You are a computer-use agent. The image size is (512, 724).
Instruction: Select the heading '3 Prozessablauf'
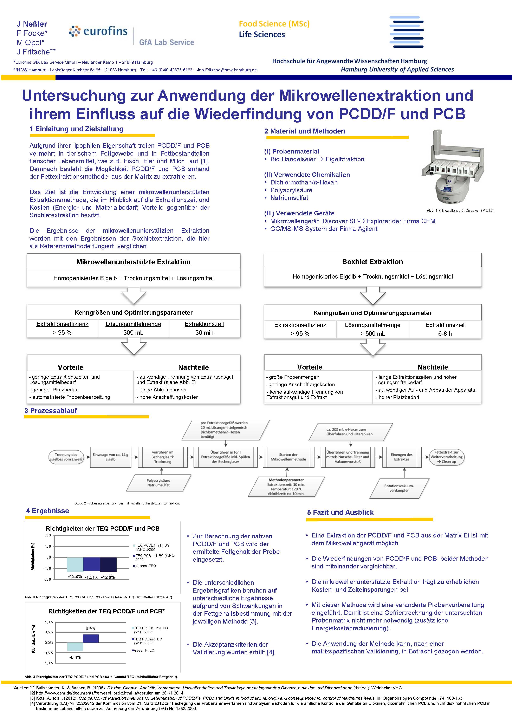pos(51,411)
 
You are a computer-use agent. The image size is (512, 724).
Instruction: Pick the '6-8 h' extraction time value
pos(445,334)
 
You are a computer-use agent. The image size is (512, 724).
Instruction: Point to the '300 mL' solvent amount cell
pos(133,333)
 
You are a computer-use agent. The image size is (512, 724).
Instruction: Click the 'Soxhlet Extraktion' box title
pos(372,262)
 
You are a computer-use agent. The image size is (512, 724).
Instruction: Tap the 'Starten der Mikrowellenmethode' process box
pos(288,457)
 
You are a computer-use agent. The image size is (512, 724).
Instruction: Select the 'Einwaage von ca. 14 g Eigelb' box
pos(110,457)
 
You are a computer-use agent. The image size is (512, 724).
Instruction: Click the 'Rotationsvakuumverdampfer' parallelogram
pos(399,488)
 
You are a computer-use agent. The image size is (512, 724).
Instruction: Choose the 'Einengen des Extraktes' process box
pos(402,457)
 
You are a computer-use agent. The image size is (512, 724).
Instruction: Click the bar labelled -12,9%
pos(75,565)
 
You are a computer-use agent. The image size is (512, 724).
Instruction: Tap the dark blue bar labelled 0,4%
pos(91,638)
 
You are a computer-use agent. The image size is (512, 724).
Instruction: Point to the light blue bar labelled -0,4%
pos(75,646)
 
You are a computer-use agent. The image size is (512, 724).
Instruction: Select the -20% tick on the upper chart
pos(48,580)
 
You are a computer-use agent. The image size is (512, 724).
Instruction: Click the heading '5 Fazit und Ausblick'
pos(340,513)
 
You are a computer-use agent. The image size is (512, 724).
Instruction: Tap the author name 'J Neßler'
pos(32,24)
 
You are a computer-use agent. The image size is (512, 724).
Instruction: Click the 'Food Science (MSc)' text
pos(274,24)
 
